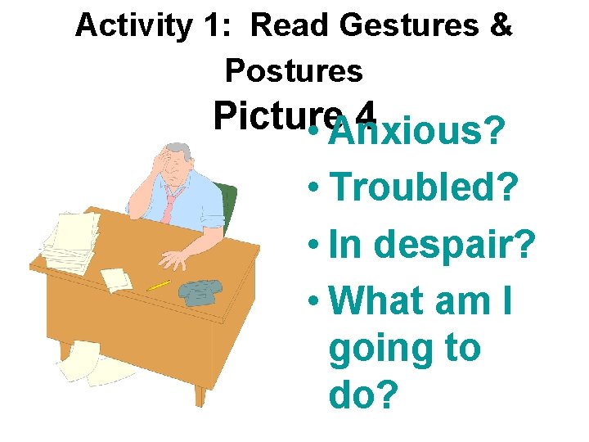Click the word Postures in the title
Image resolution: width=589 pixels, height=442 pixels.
coord(294,71)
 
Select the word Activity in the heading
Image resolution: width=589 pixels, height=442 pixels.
coord(132,26)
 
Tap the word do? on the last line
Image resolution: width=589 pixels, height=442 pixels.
coord(363,396)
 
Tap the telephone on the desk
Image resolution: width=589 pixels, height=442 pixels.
coord(200,291)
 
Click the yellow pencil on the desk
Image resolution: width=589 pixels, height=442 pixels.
coord(159,285)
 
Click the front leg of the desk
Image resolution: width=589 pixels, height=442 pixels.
coord(200,394)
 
